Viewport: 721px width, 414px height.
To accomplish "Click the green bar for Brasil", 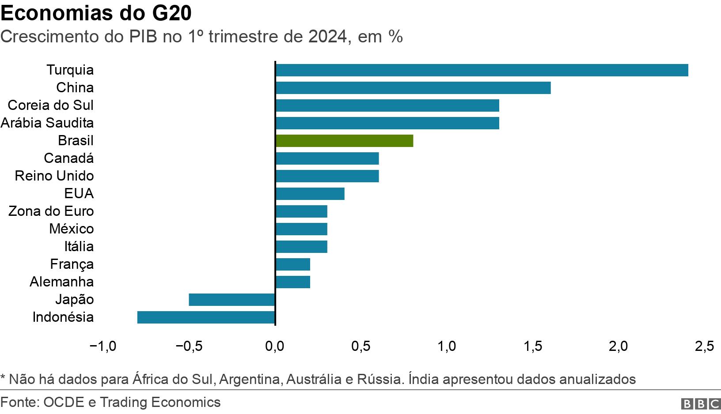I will (x=344, y=141).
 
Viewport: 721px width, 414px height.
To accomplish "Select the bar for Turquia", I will (x=482, y=70).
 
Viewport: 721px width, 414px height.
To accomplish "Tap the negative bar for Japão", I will (x=232, y=300).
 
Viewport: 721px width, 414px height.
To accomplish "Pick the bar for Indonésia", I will (x=206, y=317).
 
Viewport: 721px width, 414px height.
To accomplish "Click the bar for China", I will (x=413, y=88).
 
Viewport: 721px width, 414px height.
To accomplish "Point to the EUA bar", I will (x=310, y=194).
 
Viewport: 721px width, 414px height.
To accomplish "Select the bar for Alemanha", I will (x=292, y=282).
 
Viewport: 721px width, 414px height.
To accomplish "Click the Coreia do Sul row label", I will (x=51, y=105).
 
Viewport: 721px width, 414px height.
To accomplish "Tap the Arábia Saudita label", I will (x=47, y=123).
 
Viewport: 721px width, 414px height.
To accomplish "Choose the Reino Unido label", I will (x=54, y=176).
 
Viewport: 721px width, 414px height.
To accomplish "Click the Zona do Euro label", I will (x=51, y=211).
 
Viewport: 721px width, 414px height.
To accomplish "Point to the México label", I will (x=72, y=229).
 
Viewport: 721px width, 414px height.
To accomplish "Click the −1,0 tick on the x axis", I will (x=102, y=346).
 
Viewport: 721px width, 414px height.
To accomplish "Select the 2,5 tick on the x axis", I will (x=704, y=346).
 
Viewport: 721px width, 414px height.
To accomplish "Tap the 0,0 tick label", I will (x=275, y=346).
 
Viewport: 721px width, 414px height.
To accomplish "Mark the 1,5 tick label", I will (x=533, y=346).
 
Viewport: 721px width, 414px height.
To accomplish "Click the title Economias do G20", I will (x=96, y=13).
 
